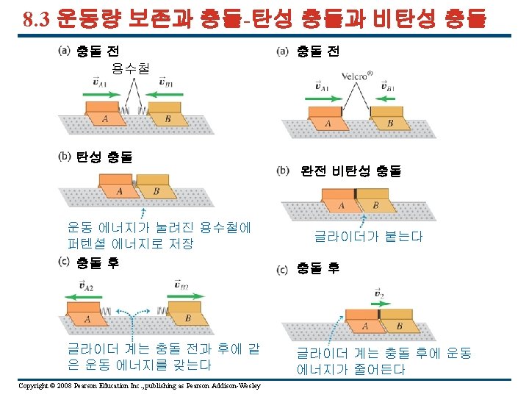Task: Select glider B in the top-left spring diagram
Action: point(166,115)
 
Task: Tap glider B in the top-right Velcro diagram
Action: point(386,119)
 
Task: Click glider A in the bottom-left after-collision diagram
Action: point(87,315)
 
